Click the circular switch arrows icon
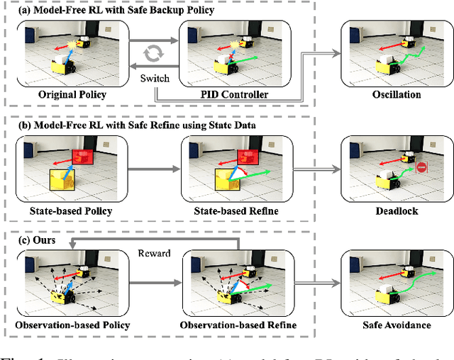[153, 53]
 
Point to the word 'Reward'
[153, 253]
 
